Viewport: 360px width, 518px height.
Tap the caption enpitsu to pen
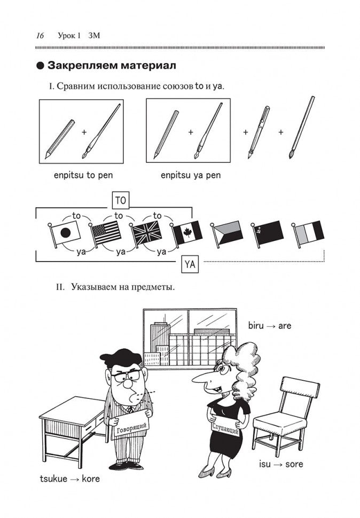83,175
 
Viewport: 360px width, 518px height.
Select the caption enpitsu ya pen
191,175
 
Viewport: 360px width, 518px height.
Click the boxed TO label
120,200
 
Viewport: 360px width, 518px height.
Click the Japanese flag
67,233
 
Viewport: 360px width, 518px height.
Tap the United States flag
107,233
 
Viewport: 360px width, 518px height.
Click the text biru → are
270,325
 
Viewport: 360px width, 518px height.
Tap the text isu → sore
284,464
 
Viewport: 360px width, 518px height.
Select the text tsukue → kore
69,478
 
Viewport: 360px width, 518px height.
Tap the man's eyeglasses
127,375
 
